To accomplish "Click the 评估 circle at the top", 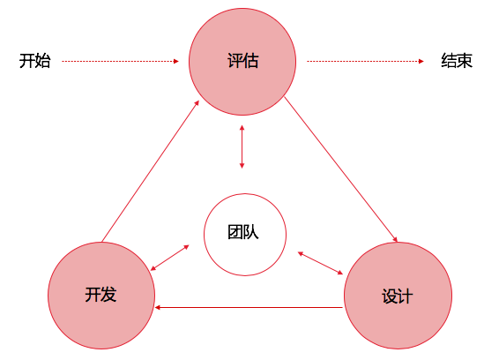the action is coord(242,62).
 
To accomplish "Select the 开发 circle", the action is coord(101,296).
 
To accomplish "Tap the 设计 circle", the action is coord(398,296).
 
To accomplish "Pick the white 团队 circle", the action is coord(245,235).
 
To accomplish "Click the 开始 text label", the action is coord(34,61).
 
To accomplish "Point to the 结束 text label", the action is coord(457,61).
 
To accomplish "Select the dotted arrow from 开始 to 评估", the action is coord(121,61).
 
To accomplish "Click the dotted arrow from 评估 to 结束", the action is coord(365,61).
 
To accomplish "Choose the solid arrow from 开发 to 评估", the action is coord(151,171).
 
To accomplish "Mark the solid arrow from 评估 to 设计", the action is coord(341,169).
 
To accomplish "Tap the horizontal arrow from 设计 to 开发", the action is coord(249,307).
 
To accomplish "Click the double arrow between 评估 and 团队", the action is coord(242,146).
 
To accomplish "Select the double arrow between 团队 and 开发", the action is coord(169,258).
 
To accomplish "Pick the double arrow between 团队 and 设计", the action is coord(320,263).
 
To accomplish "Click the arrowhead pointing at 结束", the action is coord(421,61).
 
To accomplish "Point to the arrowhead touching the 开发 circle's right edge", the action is coord(158,307).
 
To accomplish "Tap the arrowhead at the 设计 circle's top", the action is coord(396,239).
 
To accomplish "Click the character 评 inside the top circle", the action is coord(235,61).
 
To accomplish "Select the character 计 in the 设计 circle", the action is coord(406,296).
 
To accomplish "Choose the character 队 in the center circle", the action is coord(251,232).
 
